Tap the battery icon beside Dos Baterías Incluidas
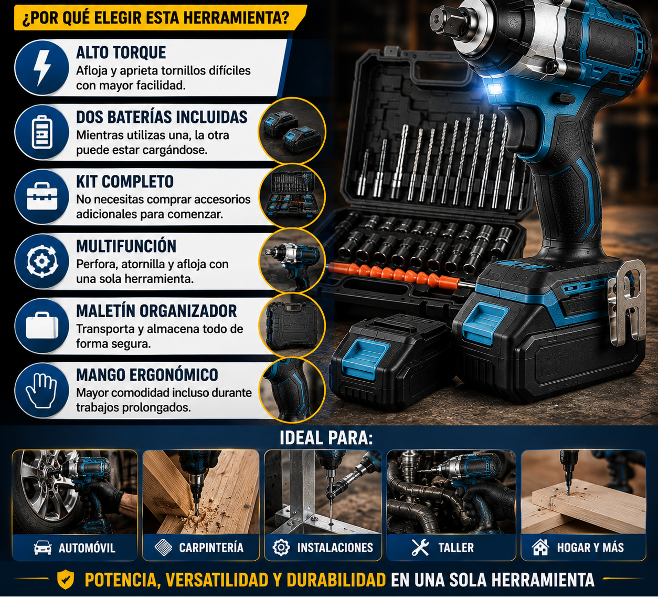point(41,132)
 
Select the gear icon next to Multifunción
point(41,260)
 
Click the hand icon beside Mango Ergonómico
point(41,391)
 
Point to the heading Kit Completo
point(125,182)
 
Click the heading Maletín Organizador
point(156,311)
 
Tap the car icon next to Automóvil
point(43,548)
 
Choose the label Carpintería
point(211,548)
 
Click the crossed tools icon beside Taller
point(420,547)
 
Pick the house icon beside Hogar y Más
point(540,547)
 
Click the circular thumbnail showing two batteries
point(292,131)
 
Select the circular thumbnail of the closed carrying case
point(292,325)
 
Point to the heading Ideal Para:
point(326,438)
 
